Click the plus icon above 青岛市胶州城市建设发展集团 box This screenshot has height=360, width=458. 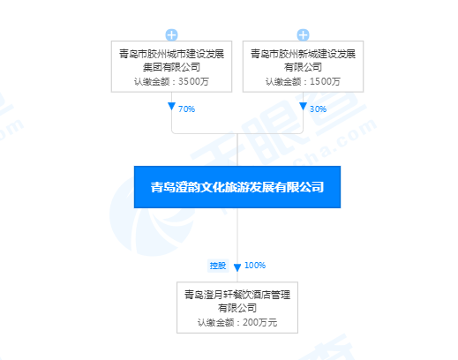(171, 35)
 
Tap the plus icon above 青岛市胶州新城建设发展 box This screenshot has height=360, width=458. (303, 35)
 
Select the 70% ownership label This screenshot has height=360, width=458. (186, 109)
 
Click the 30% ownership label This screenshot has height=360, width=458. (318, 109)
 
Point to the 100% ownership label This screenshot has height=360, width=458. (255, 266)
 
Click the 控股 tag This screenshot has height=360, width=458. (218, 266)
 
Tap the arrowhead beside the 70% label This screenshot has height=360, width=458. (171, 106)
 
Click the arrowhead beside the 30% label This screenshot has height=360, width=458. (303, 106)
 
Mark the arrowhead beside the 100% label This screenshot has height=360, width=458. (237, 267)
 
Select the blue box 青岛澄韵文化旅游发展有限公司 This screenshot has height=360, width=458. (237, 187)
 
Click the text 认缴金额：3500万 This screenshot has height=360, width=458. (171, 81)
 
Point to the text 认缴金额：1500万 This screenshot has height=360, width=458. (303, 81)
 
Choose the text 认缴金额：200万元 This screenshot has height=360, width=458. (237, 323)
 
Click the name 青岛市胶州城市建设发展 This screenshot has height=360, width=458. (171, 54)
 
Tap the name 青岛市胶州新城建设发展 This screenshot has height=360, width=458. (303, 54)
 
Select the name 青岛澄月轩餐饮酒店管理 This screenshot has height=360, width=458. (237, 295)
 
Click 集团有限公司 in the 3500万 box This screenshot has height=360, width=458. (171, 67)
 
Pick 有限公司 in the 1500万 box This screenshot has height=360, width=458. (303, 67)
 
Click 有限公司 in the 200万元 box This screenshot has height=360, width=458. (237, 308)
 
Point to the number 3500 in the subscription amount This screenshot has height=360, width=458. (189, 81)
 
